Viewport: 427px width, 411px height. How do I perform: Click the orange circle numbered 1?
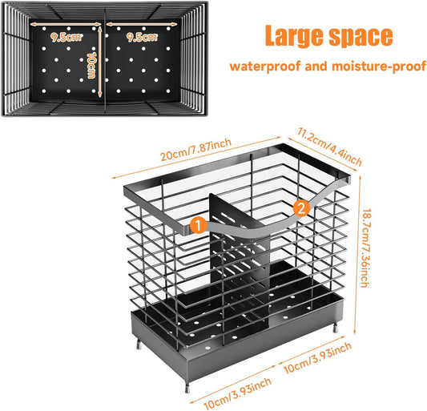[198, 225]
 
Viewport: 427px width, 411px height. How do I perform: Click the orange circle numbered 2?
[301, 208]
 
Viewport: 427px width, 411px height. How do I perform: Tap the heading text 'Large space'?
[329, 36]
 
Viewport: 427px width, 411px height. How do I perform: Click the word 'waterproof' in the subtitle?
[265, 66]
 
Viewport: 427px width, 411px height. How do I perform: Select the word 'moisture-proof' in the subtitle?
[379, 66]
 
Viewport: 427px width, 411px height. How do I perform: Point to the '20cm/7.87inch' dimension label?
[195, 149]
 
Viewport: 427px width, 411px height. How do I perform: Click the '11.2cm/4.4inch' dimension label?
[329, 147]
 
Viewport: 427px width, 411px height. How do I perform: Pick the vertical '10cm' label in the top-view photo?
[91, 66]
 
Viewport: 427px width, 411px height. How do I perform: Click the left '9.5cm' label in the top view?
[66, 38]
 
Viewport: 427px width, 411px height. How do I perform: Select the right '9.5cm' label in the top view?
[142, 38]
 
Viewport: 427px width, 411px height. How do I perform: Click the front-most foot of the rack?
[187, 386]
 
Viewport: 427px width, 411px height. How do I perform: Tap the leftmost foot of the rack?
[139, 344]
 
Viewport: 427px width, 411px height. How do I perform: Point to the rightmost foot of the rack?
[335, 327]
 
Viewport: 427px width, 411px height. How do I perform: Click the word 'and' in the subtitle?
[316, 66]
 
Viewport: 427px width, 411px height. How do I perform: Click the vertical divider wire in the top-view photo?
[105, 58]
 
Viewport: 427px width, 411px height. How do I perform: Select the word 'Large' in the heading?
[295, 36]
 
